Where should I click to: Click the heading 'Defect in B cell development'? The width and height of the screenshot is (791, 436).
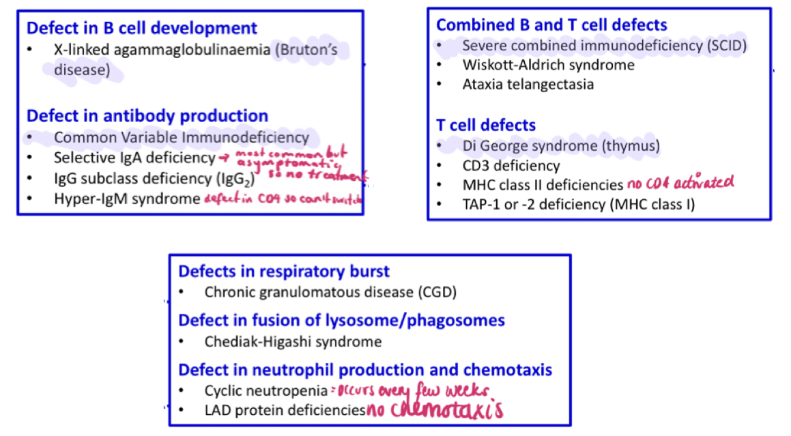tap(142, 29)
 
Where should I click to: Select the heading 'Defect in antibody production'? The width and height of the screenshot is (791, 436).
tap(147, 116)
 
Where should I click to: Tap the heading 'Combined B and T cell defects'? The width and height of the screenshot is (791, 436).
tap(551, 25)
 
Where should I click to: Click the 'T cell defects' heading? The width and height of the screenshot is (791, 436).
tap(486, 125)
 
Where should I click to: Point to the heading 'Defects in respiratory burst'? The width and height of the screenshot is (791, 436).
tap(284, 271)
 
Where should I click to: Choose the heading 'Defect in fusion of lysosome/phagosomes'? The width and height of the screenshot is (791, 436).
tap(341, 320)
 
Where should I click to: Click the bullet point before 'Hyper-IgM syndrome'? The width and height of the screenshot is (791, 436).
tap(30, 199)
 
